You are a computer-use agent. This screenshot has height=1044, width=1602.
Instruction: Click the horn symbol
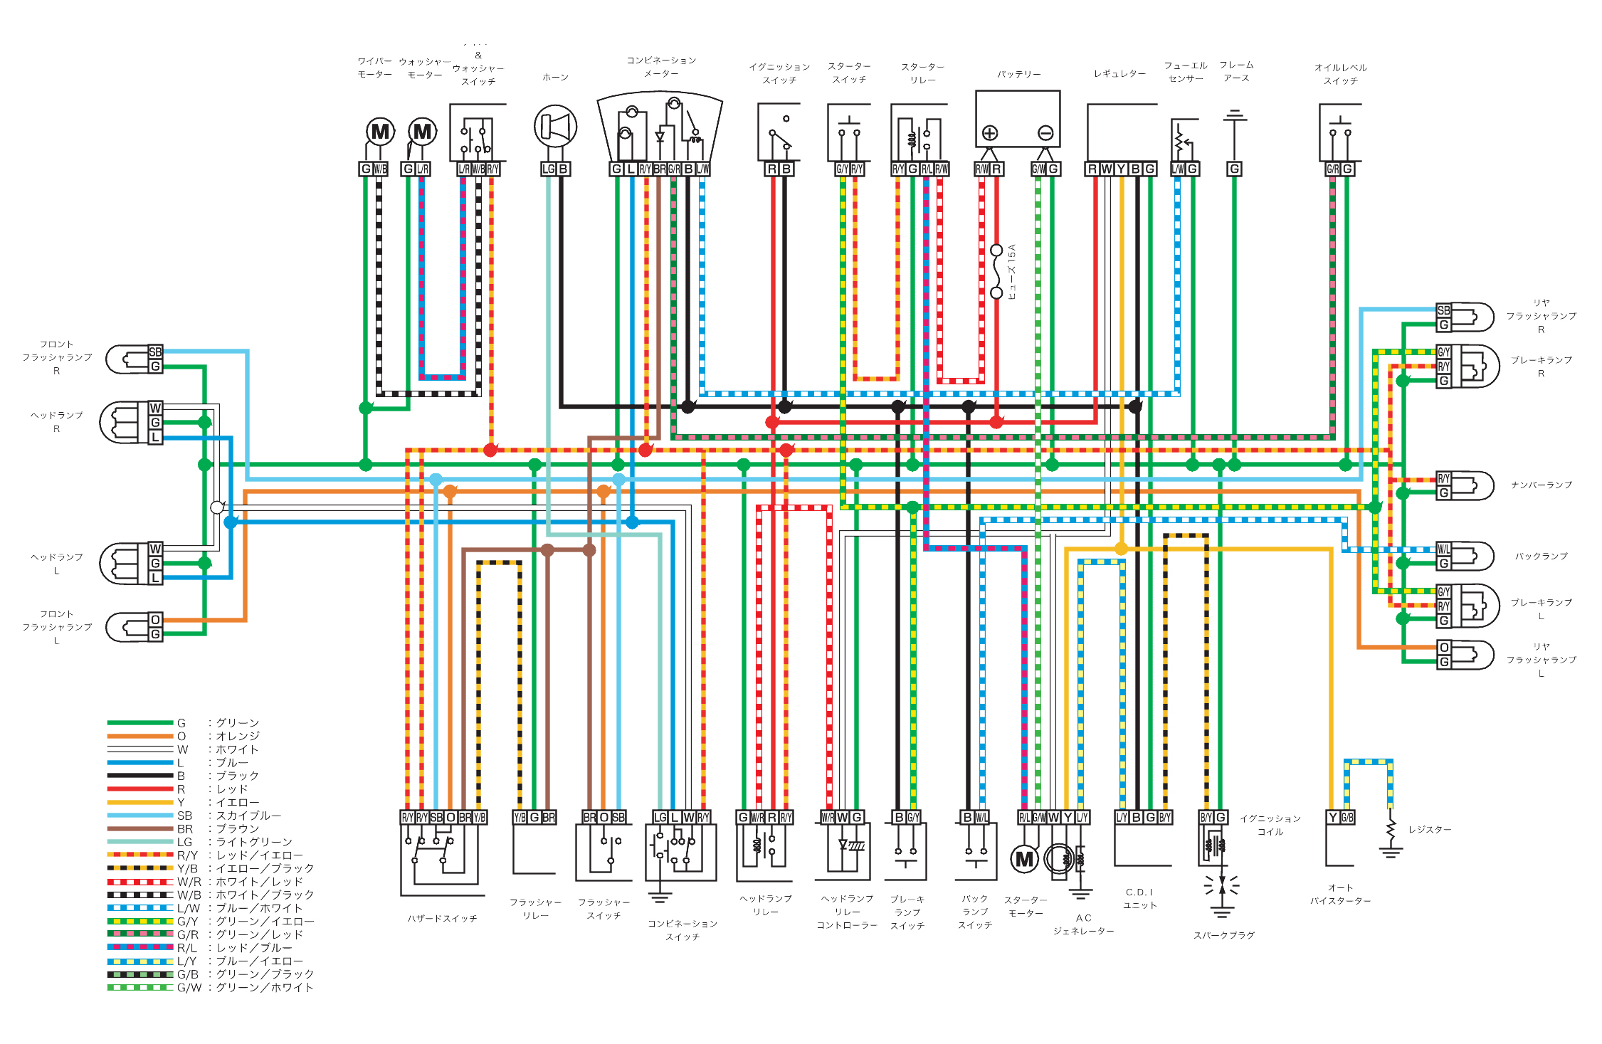555,127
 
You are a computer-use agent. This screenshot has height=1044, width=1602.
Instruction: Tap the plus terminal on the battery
989,133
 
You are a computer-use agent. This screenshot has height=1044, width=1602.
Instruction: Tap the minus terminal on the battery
1045,133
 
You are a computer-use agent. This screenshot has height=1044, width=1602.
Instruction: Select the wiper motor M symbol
380,132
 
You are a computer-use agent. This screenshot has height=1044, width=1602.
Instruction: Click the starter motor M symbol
1024,859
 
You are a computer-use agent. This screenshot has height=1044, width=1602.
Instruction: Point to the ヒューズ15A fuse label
1012,271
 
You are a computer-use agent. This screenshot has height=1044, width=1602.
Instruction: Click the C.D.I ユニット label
1139,899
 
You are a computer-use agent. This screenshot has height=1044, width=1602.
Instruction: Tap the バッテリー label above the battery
1018,74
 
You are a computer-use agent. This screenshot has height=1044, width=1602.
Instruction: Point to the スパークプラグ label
1224,935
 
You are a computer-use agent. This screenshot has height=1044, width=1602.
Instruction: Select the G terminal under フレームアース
1234,169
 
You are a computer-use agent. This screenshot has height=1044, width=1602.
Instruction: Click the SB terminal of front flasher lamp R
155,352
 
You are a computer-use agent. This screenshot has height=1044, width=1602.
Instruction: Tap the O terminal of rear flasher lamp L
1444,648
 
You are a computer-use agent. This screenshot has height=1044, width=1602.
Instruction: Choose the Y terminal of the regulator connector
1121,169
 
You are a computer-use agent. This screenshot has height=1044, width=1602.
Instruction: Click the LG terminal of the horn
548,169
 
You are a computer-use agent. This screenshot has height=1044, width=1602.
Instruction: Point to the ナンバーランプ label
1542,485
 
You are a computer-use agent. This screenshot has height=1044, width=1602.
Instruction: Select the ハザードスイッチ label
442,919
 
